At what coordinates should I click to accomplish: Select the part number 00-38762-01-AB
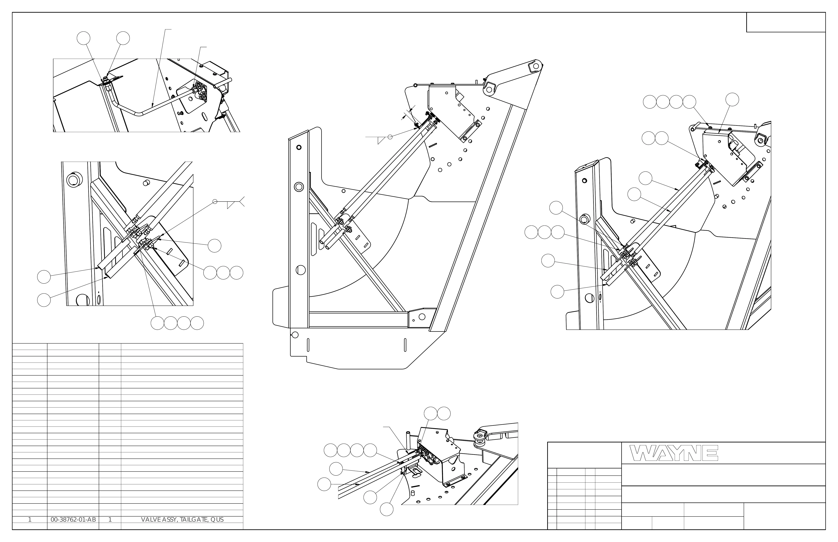(73, 519)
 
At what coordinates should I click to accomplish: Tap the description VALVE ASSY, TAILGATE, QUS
(182, 519)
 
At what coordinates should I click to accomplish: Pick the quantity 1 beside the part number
(110, 519)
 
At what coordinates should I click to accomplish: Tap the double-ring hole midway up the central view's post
(299, 186)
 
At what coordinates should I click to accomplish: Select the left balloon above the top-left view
(84, 38)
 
